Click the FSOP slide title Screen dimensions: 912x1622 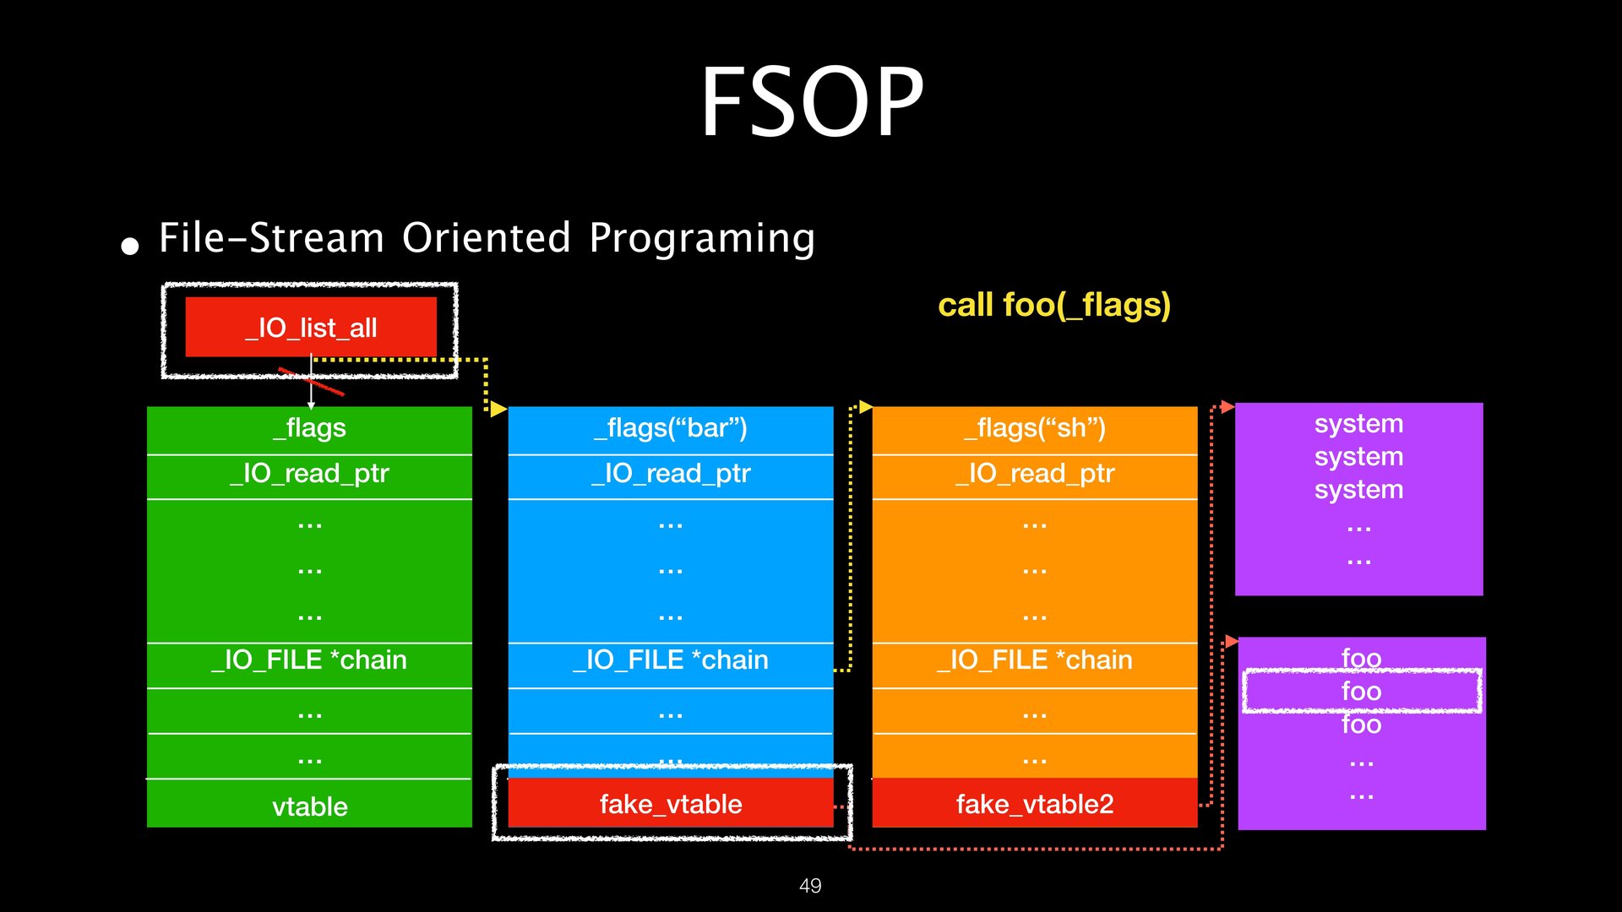(812, 102)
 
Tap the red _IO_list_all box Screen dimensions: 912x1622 (311, 327)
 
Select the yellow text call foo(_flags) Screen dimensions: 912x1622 (1053, 305)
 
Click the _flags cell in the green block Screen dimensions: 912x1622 (309, 429)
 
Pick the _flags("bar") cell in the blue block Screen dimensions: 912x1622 (671, 429)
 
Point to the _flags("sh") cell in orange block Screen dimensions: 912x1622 (1035, 429)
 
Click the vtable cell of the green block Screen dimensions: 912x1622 (309, 806)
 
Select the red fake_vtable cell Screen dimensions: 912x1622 (671, 804)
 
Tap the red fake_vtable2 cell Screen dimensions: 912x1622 (1035, 804)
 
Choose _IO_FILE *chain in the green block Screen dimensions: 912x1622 (309, 660)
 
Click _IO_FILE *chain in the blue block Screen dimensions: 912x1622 (671, 660)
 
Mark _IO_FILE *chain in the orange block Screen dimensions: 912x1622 (1035, 660)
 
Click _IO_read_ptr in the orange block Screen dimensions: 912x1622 (1035, 474)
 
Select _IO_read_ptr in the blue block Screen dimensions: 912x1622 (671, 474)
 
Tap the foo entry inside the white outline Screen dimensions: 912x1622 (1361, 692)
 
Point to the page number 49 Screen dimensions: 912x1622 (810, 886)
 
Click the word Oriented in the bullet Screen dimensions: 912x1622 (487, 238)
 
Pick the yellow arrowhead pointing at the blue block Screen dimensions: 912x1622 (498, 410)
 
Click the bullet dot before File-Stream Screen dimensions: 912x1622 (129, 247)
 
